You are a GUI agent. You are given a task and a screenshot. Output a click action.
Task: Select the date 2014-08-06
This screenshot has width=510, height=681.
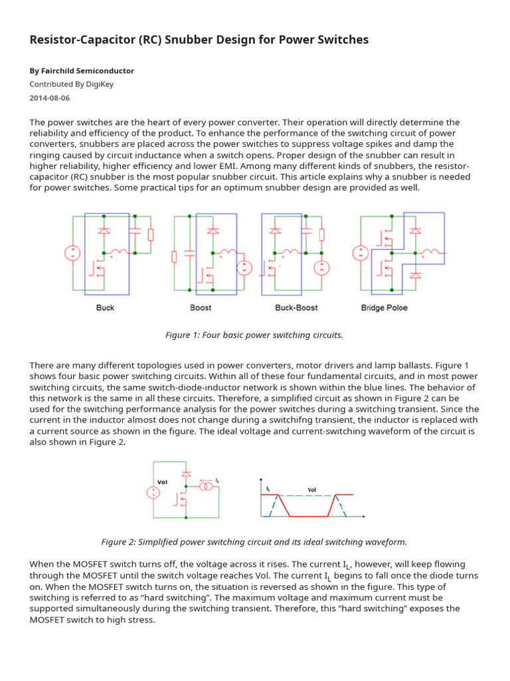(50, 98)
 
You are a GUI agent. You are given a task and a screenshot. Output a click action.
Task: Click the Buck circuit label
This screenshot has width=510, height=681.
(105, 308)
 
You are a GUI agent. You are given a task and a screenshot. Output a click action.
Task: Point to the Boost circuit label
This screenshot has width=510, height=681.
(201, 308)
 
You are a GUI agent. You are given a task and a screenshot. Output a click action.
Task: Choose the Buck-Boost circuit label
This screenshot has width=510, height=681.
(296, 308)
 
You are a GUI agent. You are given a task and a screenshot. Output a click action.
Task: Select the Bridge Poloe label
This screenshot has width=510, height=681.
(384, 308)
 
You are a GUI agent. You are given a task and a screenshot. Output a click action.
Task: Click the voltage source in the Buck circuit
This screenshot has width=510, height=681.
(72, 253)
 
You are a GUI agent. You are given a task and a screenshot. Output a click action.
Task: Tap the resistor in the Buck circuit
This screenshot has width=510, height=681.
(150, 234)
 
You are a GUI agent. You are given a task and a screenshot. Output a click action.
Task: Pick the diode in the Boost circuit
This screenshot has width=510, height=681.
(212, 231)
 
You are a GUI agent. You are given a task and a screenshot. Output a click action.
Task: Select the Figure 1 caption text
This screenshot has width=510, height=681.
(254, 335)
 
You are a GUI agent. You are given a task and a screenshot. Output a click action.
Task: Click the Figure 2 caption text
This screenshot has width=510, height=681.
(254, 542)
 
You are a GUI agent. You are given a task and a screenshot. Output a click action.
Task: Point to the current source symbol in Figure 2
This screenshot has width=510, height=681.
(208, 487)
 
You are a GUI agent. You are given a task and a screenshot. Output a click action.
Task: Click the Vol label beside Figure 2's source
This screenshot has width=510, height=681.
(162, 482)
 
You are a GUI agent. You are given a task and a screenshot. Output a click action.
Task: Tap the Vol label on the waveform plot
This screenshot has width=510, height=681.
(312, 490)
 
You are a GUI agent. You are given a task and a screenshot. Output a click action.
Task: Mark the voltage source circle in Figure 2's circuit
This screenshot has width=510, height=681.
(153, 493)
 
